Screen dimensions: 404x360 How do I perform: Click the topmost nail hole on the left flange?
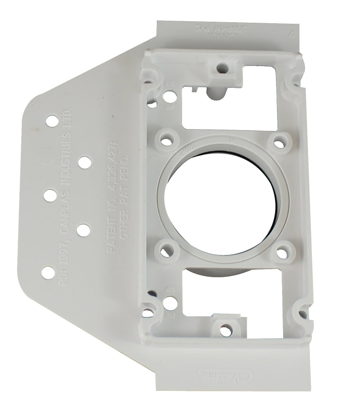pyautogui.click(x=52, y=121)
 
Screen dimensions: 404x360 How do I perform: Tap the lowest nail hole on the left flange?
pyautogui.click(x=49, y=272)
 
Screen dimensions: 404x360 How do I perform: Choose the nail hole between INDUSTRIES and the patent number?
pyautogui.click(x=84, y=163)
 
